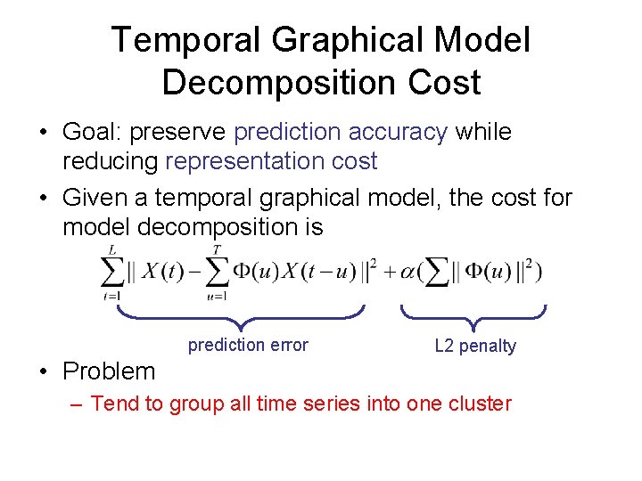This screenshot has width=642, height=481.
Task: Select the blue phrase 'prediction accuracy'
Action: point(340,132)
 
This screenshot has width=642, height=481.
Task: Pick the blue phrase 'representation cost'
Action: point(271,161)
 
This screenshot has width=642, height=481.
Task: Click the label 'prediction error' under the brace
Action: point(248,346)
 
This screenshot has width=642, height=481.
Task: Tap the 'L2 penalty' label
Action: point(474,346)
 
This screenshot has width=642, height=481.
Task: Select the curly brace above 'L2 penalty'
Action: point(473,313)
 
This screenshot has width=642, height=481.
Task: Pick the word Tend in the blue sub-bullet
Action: point(115,404)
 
